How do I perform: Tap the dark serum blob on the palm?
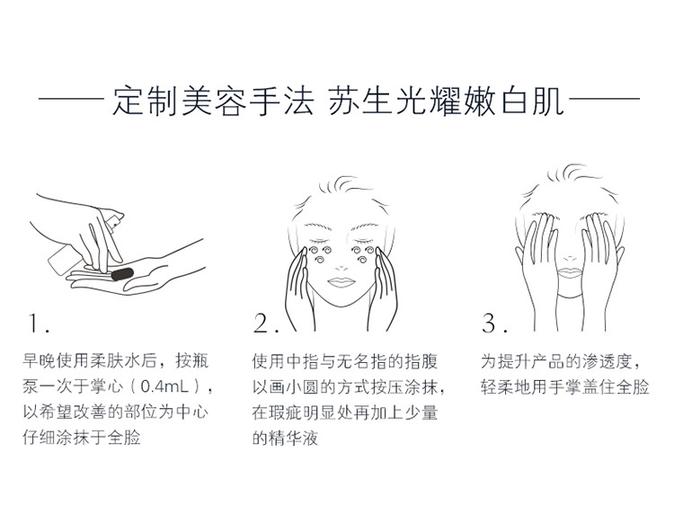[122, 274]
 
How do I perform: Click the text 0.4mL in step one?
[165, 386]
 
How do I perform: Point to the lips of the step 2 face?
[341, 282]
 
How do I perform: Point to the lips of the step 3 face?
[569, 273]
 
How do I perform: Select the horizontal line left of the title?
[71, 99]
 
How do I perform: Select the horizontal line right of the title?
[604, 99]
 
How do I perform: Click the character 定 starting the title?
[129, 102]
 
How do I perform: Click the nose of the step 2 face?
[341, 267]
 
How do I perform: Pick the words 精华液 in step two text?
[293, 438]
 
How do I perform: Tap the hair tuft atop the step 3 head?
[572, 173]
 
